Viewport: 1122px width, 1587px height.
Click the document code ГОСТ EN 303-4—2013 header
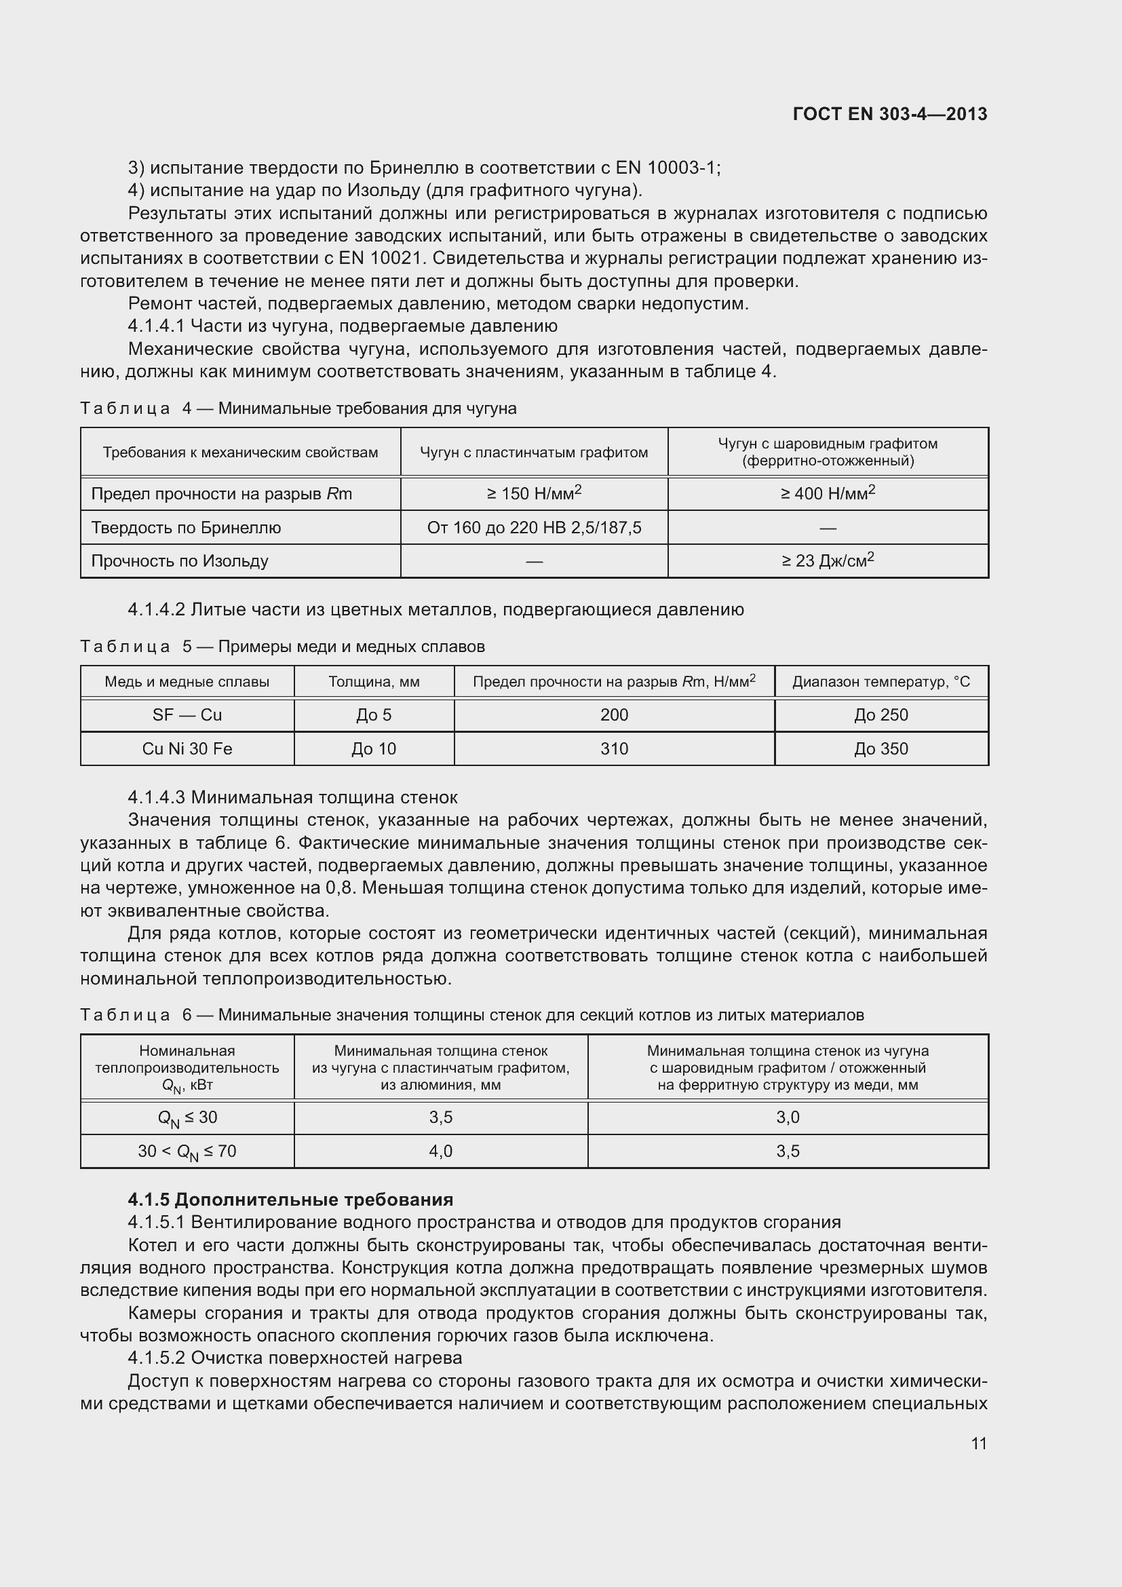890,114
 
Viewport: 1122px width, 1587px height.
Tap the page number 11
978,1443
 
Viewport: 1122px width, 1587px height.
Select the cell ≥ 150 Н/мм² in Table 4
533,493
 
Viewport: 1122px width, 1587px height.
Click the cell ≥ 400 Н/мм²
828,493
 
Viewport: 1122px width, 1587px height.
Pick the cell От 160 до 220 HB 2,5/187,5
533,528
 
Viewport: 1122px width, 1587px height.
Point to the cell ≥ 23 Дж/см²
828,560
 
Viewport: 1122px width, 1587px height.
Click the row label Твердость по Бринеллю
186,528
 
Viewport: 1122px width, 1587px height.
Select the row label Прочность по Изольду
180,561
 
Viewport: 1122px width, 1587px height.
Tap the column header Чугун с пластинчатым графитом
533,453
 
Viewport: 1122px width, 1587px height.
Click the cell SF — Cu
187,715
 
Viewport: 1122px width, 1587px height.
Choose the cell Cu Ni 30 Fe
187,749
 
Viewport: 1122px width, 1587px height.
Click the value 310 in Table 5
613,749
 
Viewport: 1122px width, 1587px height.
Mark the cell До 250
881,715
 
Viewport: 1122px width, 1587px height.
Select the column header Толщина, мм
374,682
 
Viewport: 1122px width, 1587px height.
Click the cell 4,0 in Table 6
441,1151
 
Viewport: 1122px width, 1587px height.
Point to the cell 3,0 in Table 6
788,1117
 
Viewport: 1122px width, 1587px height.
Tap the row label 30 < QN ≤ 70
187,1151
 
